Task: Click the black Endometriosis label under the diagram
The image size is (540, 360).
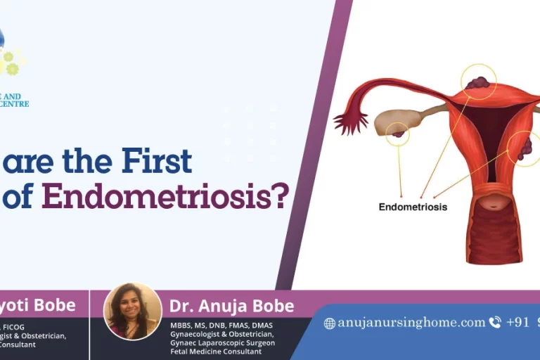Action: click(x=413, y=207)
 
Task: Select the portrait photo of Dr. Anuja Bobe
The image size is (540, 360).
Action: click(x=132, y=311)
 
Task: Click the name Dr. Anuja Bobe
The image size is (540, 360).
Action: click(x=231, y=306)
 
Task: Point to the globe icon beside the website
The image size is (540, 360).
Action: click(x=329, y=323)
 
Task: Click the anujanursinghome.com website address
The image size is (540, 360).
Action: click(x=411, y=323)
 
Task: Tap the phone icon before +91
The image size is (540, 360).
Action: click(x=495, y=323)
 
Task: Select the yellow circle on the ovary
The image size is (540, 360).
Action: click(x=397, y=132)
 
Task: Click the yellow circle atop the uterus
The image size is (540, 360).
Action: click(x=479, y=82)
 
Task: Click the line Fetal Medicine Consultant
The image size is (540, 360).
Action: click(x=216, y=351)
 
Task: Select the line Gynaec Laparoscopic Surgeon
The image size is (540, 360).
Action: click(x=222, y=342)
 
